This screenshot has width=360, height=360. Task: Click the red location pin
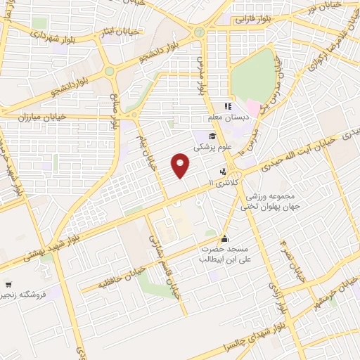(x=181, y=165)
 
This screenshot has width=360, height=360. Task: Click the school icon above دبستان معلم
(x=227, y=107)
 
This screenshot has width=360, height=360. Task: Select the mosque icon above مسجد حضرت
(x=224, y=238)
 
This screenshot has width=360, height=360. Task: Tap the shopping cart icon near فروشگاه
(x=8, y=285)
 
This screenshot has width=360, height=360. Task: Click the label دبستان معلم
(x=224, y=118)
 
